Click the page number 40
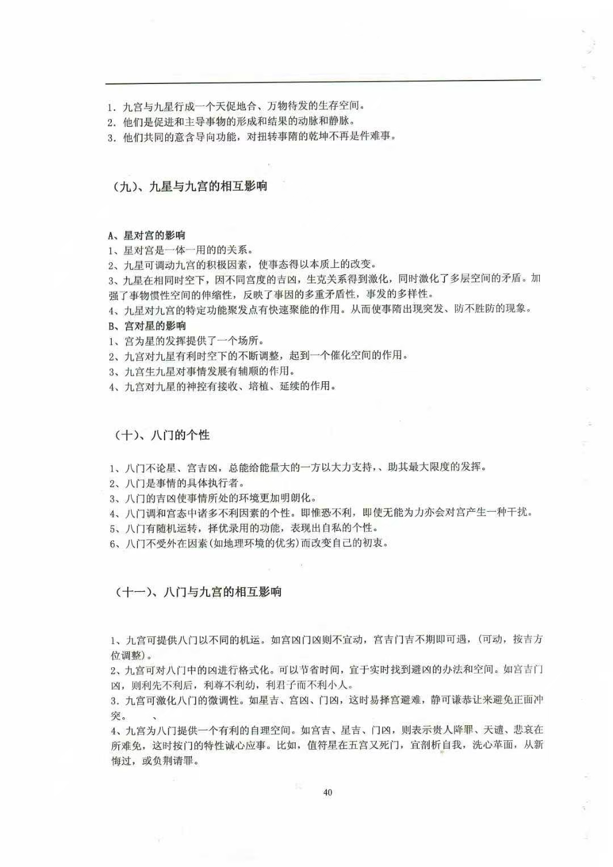click(327, 793)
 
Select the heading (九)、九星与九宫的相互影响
click(188, 187)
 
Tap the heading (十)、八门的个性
click(162, 435)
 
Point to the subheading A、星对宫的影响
click(146, 235)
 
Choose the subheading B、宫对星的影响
click(146, 326)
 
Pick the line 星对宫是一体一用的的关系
click(180, 250)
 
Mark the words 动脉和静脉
click(324, 121)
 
